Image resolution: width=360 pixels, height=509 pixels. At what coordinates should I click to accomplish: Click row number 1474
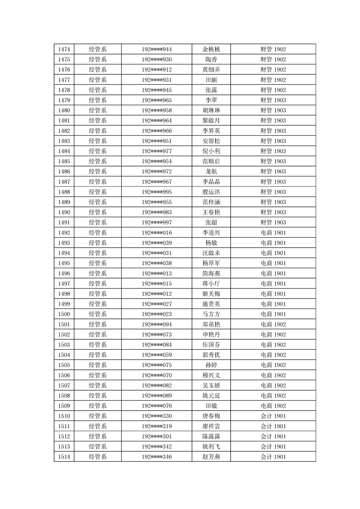(x=64, y=49)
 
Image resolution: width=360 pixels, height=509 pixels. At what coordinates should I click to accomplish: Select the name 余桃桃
(x=211, y=49)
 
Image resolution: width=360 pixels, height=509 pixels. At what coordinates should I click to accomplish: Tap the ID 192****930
(x=157, y=59)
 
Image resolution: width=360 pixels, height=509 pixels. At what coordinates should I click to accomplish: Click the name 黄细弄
(x=211, y=70)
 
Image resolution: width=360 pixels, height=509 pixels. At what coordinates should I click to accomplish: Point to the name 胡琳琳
(x=211, y=110)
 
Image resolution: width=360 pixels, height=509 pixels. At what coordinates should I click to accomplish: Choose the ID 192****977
(x=157, y=151)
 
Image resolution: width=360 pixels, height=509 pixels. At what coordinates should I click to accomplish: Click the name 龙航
(x=211, y=171)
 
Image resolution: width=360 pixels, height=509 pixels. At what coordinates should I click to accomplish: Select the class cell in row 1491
(x=273, y=222)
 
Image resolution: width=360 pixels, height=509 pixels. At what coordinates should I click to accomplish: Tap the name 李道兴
(x=211, y=233)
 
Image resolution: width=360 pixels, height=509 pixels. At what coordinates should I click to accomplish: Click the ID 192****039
(x=157, y=243)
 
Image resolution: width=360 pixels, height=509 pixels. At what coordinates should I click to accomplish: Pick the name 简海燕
(x=211, y=273)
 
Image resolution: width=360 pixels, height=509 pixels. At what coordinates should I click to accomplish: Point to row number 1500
(x=64, y=314)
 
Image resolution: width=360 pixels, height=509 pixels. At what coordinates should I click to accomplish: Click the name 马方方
(x=211, y=314)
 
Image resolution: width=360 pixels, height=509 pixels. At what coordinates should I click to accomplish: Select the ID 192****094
(x=157, y=324)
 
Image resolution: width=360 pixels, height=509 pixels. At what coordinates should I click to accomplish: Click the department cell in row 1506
(x=98, y=375)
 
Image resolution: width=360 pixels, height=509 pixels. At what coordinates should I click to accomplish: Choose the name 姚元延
(x=211, y=396)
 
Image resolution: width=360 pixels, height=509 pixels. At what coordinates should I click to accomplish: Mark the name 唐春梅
(x=211, y=416)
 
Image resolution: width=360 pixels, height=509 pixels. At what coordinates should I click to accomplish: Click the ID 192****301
(x=157, y=436)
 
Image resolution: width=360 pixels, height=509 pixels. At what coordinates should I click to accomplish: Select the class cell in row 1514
(x=273, y=456)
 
